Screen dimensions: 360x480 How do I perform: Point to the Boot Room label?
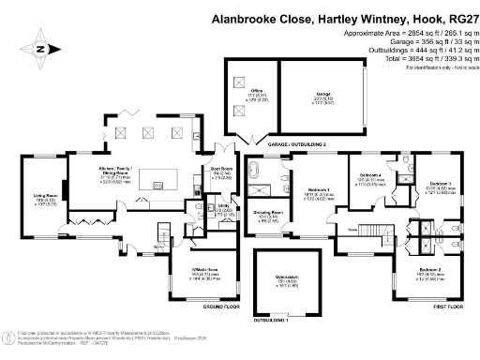coord(221,169)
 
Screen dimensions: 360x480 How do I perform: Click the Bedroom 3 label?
coord(441,183)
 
